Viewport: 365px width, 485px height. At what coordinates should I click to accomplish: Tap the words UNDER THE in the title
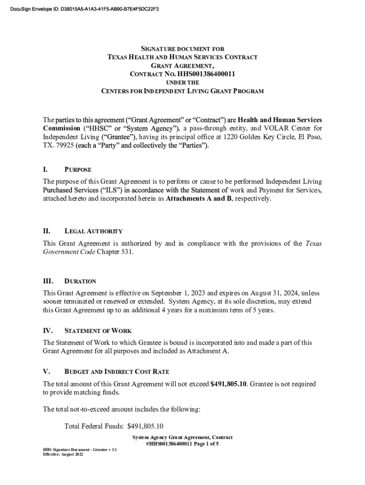(183, 82)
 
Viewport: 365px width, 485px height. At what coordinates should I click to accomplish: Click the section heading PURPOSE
(78, 170)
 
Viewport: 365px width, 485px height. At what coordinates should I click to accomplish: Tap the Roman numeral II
(46, 231)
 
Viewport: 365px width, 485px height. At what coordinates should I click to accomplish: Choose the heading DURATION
(80, 281)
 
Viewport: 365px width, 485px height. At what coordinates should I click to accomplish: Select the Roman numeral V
(45, 371)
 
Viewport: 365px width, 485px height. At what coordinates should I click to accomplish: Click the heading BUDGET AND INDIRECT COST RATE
(117, 372)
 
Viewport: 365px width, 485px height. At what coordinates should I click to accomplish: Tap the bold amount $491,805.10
(228, 384)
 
